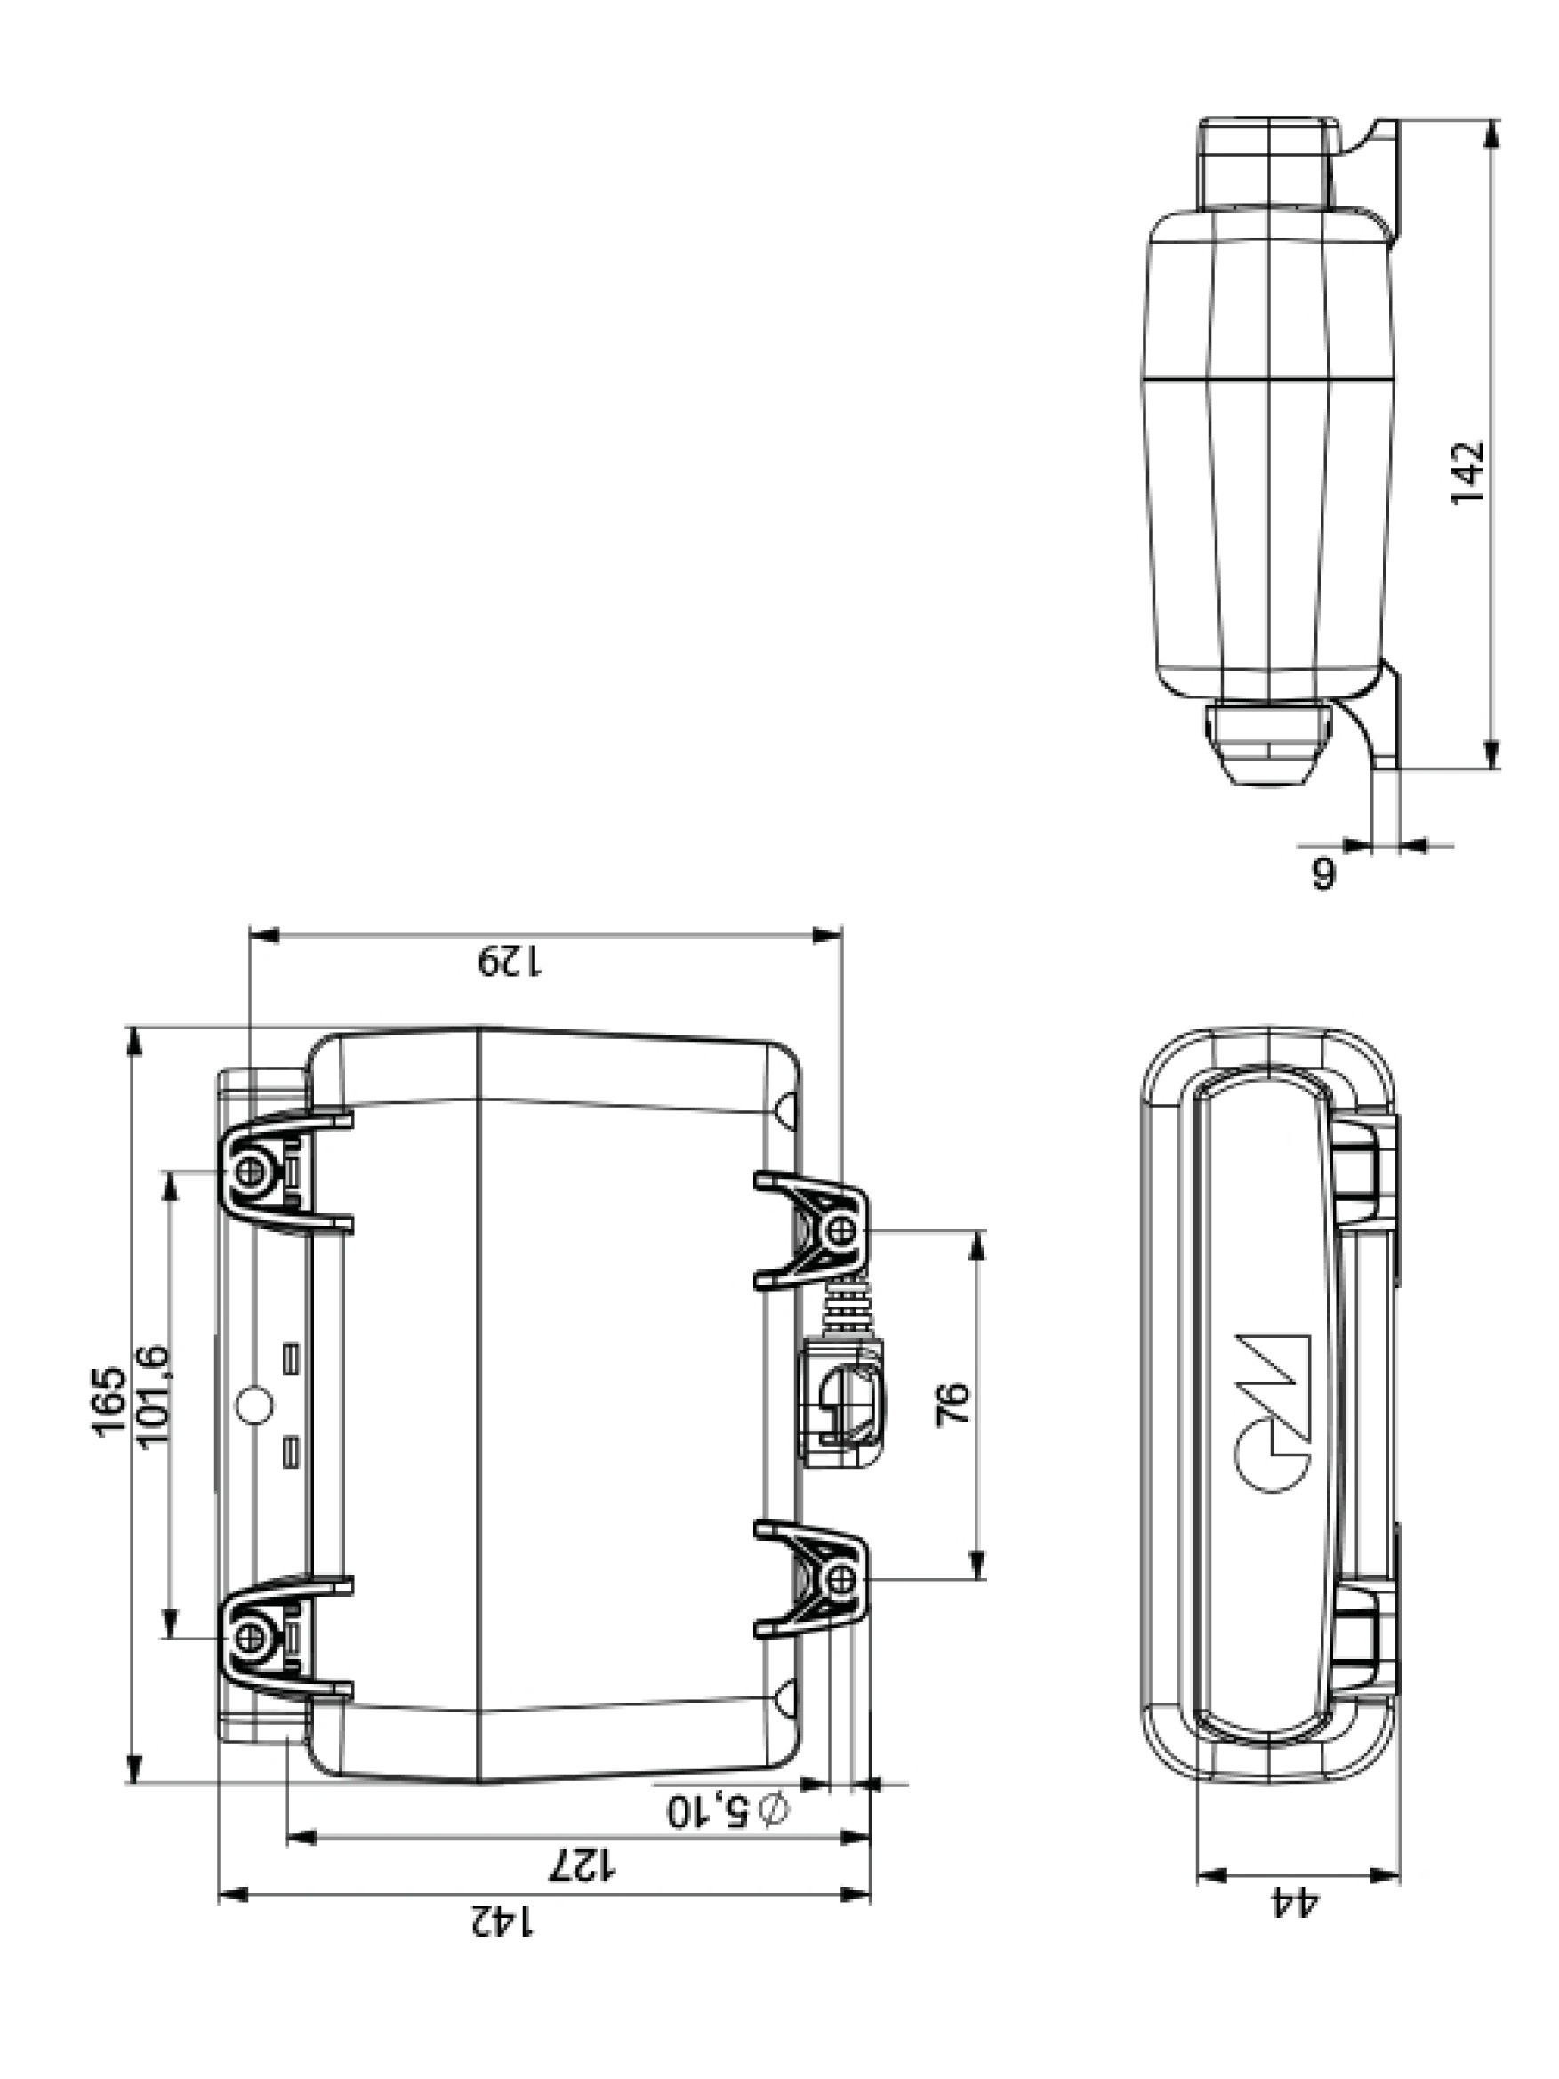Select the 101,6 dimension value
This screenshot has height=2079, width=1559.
point(153,1397)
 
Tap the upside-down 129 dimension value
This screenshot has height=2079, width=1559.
point(510,962)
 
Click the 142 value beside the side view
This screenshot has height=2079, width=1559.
point(1466,471)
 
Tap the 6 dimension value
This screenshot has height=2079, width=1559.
point(1322,872)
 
